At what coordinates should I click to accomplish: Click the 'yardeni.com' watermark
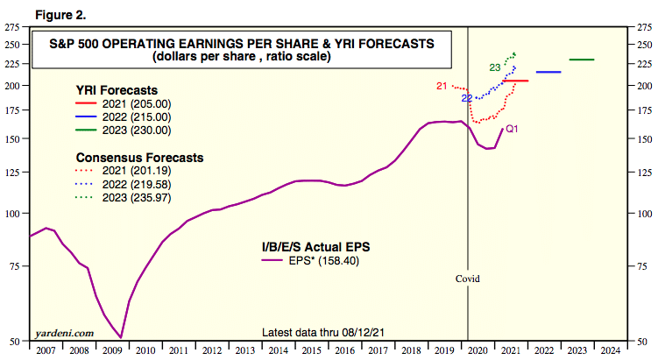[64, 333]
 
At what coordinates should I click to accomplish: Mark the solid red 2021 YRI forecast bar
[514, 81]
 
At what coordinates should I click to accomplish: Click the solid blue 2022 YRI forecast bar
[548, 72]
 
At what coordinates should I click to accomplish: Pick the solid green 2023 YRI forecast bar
[582, 60]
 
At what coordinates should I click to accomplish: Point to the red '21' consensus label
[442, 86]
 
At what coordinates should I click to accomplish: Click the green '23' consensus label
[494, 67]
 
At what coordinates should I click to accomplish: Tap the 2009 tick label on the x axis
[111, 350]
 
